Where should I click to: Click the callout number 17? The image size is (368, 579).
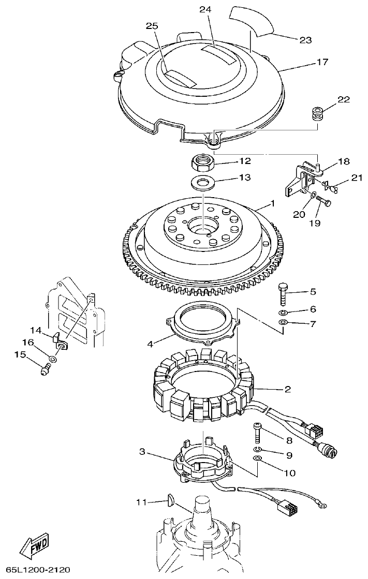click(x=322, y=62)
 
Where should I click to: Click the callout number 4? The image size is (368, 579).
click(x=150, y=343)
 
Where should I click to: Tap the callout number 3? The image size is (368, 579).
click(x=143, y=452)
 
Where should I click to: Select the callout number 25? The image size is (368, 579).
click(x=151, y=26)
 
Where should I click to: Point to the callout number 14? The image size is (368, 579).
click(x=35, y=330)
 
